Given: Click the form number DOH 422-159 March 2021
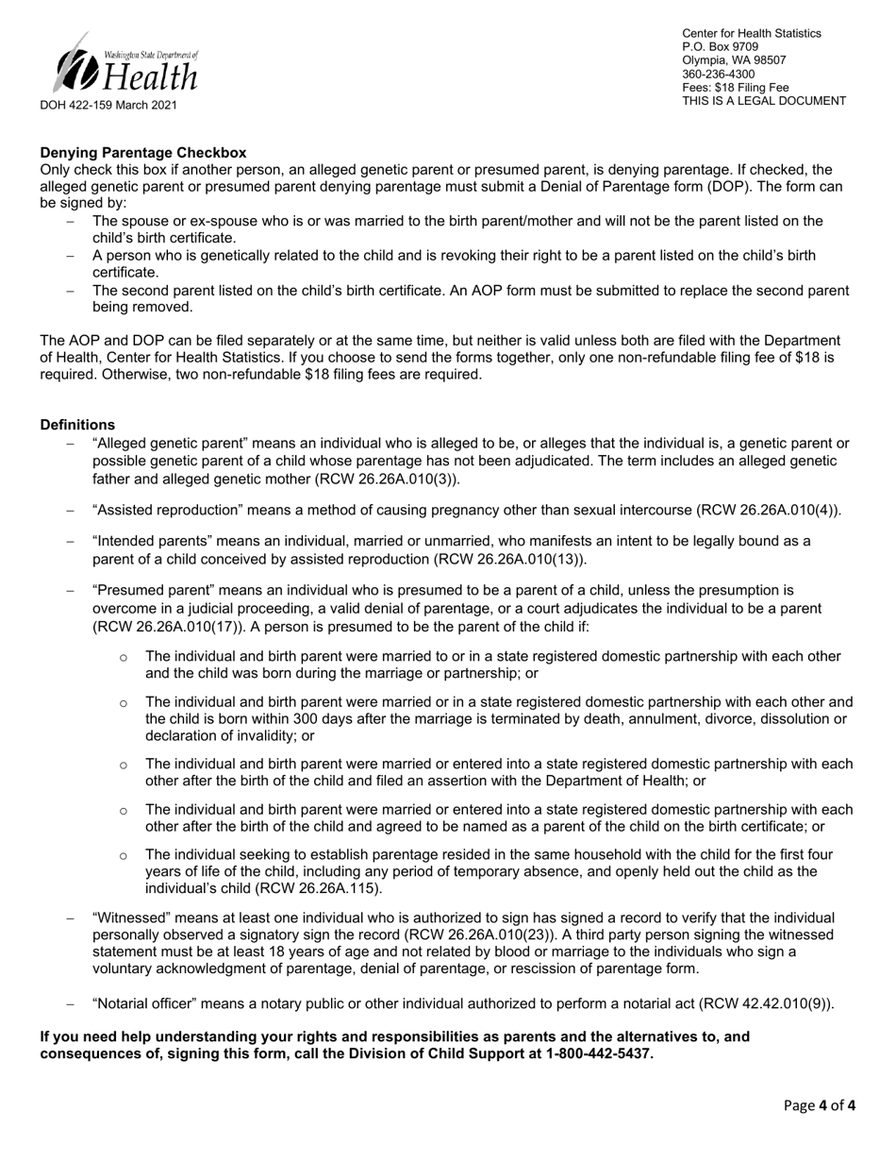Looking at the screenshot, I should point(108,106).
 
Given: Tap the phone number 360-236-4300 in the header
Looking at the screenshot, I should point(718,74).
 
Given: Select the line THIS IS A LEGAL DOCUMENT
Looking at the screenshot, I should point(764,101).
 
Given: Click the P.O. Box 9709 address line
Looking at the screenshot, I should point(720,46).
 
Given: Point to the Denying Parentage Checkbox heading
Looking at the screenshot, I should point(142,152).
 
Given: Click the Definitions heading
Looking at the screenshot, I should point(77,425).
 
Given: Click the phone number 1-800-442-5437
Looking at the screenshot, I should point(599,1053).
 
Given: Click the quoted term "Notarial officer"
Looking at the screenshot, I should point(146,1003).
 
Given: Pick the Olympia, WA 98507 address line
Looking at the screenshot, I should point(734,60).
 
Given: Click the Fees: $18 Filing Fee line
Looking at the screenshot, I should point(735,88).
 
